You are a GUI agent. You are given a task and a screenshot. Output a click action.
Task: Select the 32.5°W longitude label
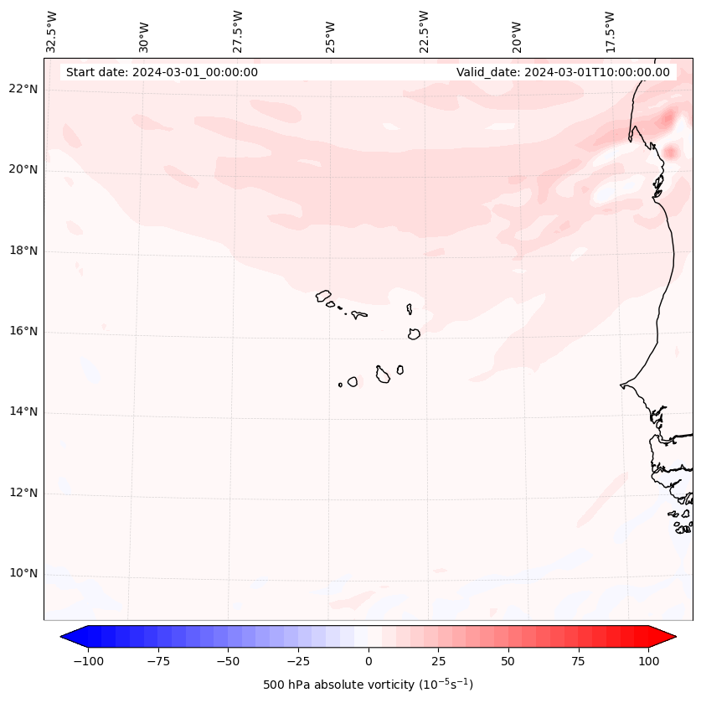tap(52, 31)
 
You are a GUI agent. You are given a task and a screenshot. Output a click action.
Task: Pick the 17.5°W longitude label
tap(610, 31)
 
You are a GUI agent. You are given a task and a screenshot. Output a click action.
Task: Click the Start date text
tap(162, 72)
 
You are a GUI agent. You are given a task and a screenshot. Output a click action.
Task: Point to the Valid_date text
tap(563, 72)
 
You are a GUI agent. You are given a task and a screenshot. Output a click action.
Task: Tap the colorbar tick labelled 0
tap(369, 661)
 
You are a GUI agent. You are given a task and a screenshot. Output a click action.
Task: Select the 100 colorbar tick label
tap(649, 661)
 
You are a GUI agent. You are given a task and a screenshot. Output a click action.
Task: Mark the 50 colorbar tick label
tap(508, 661)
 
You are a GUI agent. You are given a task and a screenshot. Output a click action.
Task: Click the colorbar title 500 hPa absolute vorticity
tap(368, 685)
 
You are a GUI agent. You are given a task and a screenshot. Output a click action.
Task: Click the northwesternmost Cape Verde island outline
tap(323, 296)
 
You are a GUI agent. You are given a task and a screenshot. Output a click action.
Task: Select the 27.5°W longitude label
tap(238, 31)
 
